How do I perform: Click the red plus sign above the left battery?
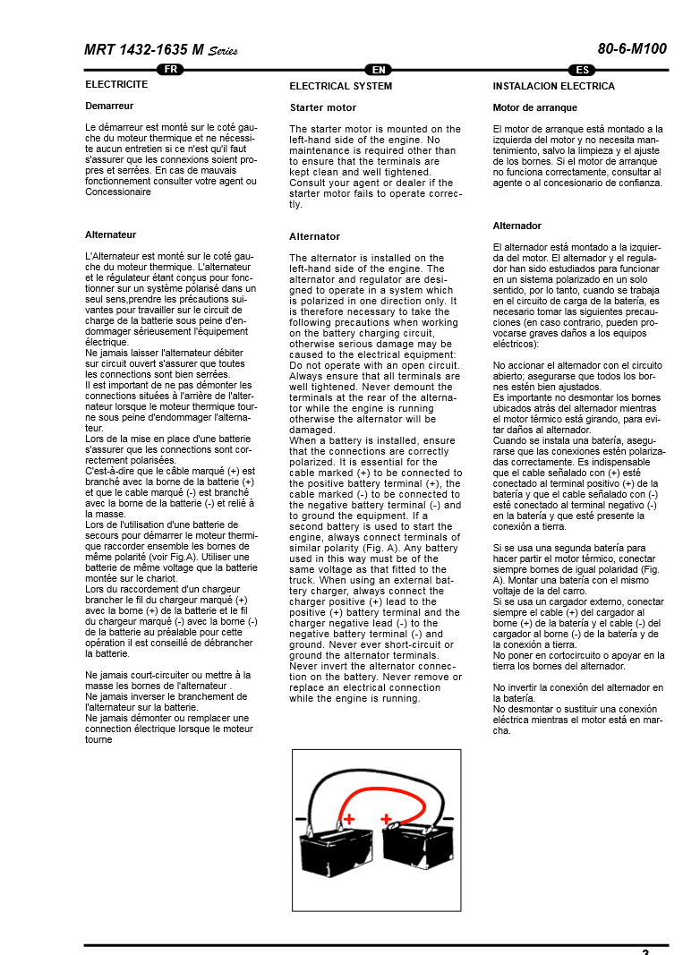[x=349, y=818]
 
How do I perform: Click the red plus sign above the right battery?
[x=386, y=818]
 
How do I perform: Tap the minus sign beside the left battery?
[x=301, y=818]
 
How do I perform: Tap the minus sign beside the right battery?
[x=448, y=818]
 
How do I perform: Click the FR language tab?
[x=170, y=70]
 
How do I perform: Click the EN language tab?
[x=380, y=70]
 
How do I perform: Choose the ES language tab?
[x=582, y=70]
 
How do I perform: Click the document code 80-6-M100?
[x=632, y=49]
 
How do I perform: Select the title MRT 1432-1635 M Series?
[x=161, y=50]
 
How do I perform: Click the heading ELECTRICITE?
[x=116, y=85]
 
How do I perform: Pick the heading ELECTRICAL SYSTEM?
[x=340, y=87]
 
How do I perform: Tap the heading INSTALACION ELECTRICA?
[x=553, y=87]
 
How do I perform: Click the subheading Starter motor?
[x=322, y=107]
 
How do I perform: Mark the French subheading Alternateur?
[x=110, y=234]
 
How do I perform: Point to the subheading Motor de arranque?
[x=535, y=107]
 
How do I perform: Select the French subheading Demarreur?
[x=109, y=106]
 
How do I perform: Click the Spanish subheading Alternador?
[x=516, y=226]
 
